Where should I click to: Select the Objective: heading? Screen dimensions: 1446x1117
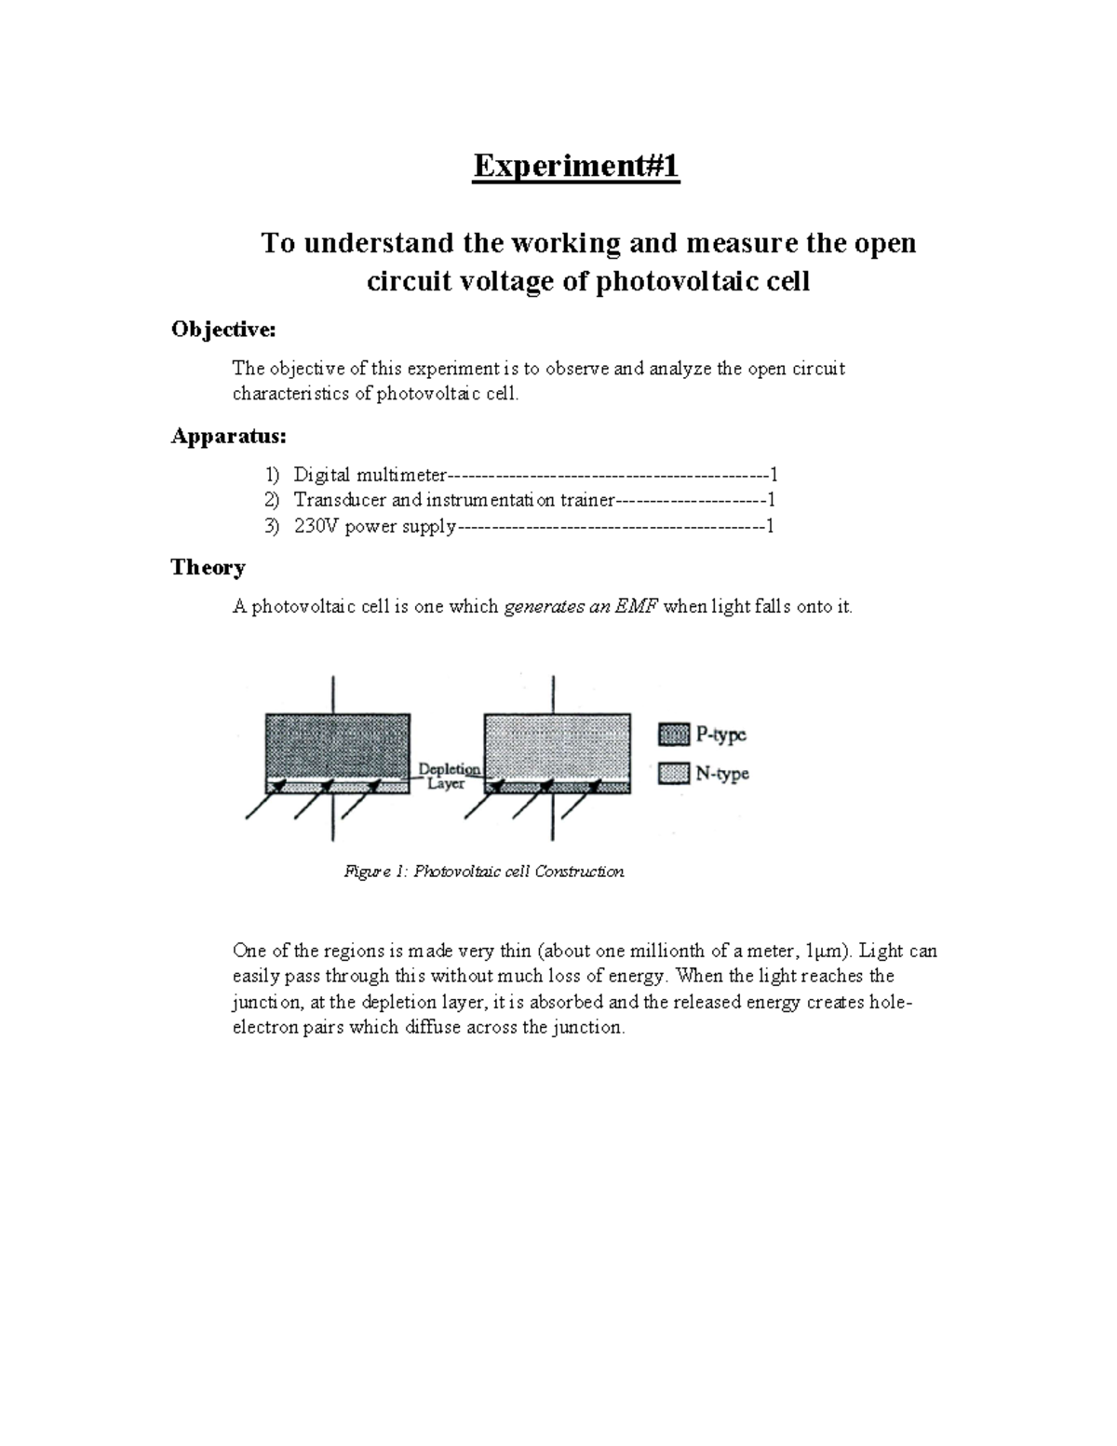click(x=223, y=330)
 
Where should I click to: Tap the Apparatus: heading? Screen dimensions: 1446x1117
click(x=228, y=436)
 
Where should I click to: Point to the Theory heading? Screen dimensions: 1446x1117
click(x=208, y=568)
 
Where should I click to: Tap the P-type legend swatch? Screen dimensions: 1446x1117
click(x=673, y=735)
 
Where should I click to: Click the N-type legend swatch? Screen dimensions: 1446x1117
click(x=673, y=773)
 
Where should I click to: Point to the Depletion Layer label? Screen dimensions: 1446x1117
click(x=448, y=777)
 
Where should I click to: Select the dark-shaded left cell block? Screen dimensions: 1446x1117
click(x=337, y=745)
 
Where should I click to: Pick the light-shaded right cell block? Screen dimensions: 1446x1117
click(x=557, y=745)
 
